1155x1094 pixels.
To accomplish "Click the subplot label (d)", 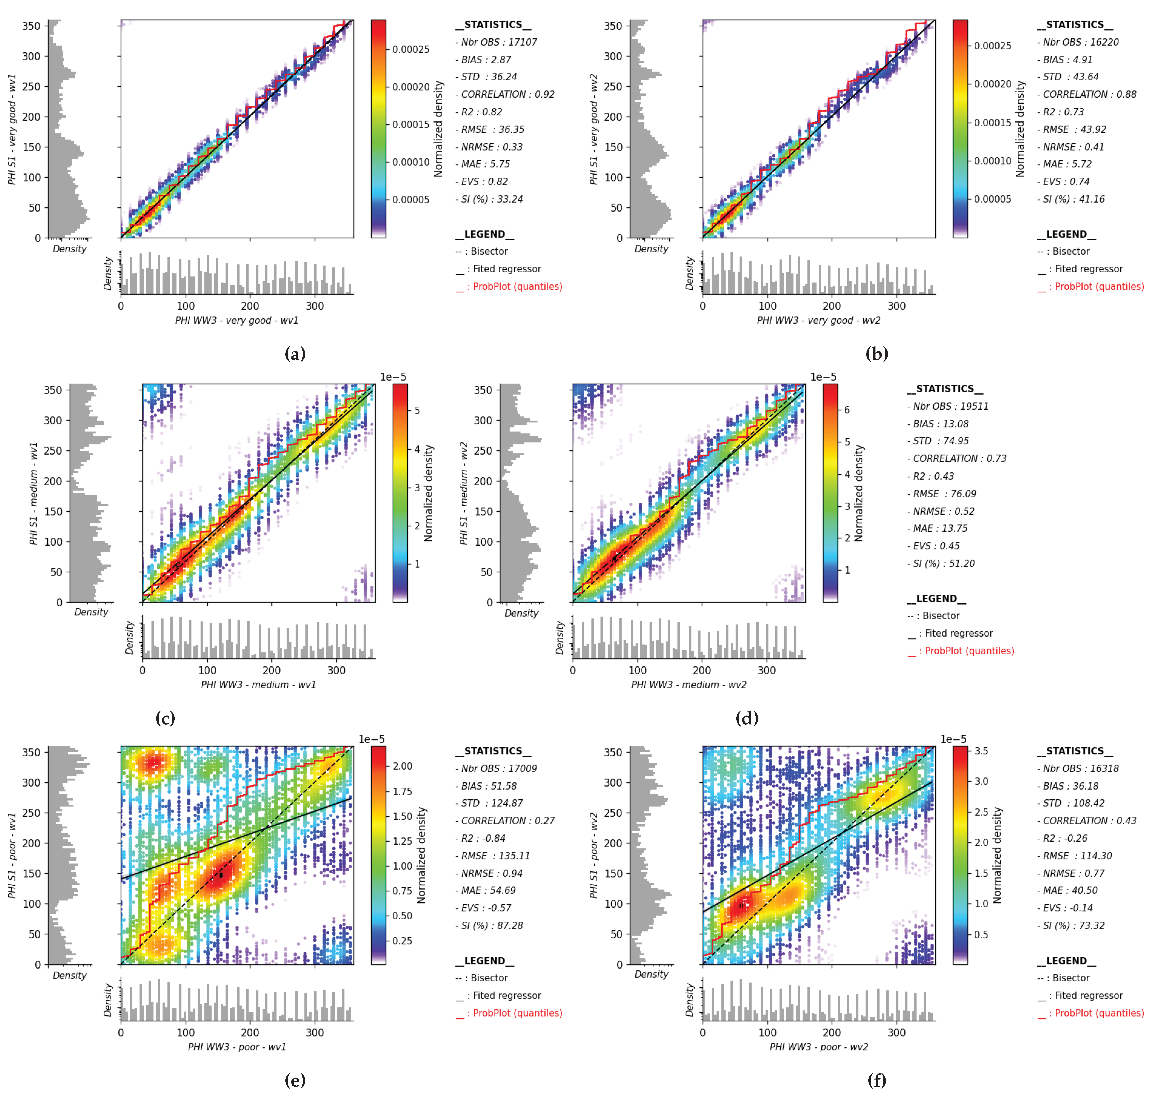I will pyautogui.click(x=747, y=718).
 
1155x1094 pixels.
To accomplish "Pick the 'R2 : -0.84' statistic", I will pyautogui.click(x=483, y=838).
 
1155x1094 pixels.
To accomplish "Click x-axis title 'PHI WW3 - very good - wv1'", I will pyautogui.click(x=237, y=320).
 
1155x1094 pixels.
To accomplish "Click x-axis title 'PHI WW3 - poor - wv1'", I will pyautogui.click(x=237, y=1047).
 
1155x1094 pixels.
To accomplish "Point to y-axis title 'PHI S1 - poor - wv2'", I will pyautogui.click(x=594, y=855).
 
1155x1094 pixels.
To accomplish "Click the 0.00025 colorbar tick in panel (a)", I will pyautogui.click(x=411, y=49).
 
